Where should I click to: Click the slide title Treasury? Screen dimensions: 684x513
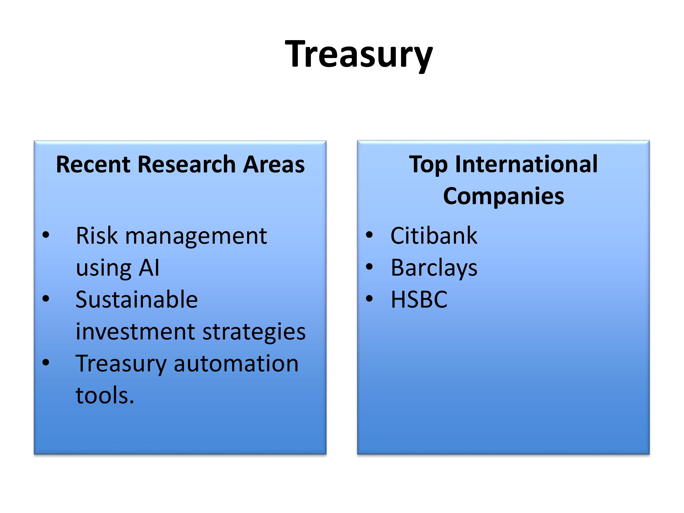click(359, 55)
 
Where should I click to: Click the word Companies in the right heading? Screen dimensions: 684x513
click(503, 196)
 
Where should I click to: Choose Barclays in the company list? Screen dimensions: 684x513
click(434, 268)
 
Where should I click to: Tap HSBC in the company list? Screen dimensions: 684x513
click(419, 300)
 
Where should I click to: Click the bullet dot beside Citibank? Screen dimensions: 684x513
click(369, 235)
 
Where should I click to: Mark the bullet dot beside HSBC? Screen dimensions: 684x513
click(369, 298)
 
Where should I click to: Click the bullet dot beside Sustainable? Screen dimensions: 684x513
click(46, 298)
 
